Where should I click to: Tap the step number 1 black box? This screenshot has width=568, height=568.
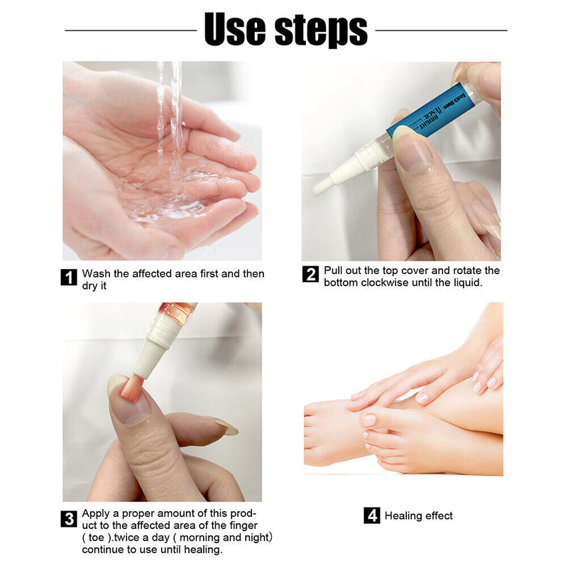[x=69, y=277]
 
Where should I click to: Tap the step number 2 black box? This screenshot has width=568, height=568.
[x=310, y=274]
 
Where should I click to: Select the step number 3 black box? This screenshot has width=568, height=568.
[x=69, y=518]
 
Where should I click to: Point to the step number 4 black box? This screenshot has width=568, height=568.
[x=372, y=515]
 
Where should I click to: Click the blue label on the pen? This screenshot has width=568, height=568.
[x=423, y=116]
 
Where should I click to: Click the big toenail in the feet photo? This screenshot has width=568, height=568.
[x=368, y=420]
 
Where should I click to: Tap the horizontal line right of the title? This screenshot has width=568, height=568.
[x=441, y=31]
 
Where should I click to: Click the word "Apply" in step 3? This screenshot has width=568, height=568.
[x=96, y=513]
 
